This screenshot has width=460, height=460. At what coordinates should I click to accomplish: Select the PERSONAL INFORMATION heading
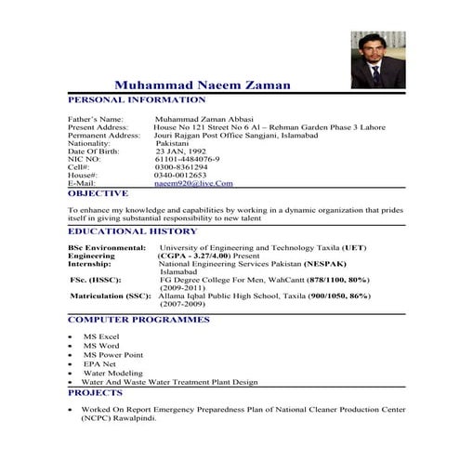[137, 99]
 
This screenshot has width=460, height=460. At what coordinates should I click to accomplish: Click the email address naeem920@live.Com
[193, 184]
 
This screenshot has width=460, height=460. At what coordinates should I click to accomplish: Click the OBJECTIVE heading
[98, 194]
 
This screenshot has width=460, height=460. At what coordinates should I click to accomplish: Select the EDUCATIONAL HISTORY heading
[132, 231]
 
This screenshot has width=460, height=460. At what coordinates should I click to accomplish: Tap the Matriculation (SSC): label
[111, 296]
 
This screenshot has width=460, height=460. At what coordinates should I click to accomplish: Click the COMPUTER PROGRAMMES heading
[138, 320]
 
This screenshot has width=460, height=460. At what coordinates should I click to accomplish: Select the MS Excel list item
[101, 336]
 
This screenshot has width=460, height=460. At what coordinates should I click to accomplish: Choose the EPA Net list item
[100, 363]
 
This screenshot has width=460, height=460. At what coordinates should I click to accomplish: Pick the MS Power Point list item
[113, 354]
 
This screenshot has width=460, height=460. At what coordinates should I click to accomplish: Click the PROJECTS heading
[95, 393]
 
